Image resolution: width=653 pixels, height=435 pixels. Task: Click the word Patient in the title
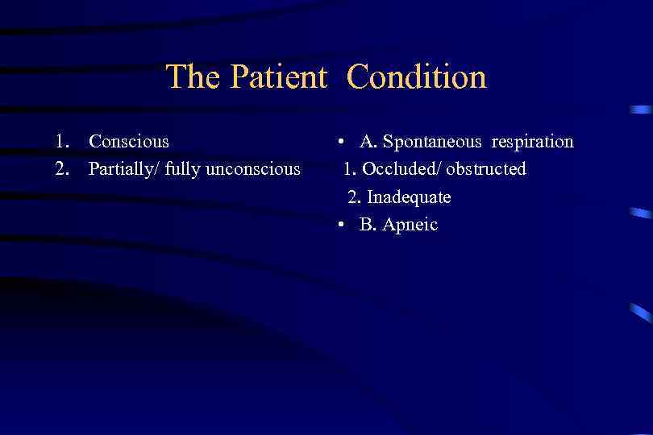click(x=278, y=77)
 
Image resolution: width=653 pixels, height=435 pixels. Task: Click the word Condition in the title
click(x=417, y=77)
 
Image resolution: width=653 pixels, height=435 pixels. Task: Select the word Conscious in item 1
click(x=129, y=142)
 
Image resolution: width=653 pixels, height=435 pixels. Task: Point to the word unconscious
click(x=256, y=169)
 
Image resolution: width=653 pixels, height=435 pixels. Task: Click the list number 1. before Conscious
click(x=62, y=142)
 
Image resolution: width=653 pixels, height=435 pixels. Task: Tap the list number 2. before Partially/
click(x=62, y=169)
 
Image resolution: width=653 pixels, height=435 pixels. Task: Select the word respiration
click(x=533, y=143)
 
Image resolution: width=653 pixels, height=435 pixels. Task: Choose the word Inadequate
click(x=409, y=197)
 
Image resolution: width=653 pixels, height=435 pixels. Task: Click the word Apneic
click(x=410, y=225)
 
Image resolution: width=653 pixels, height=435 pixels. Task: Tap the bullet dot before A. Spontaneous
click(x=343, y=143)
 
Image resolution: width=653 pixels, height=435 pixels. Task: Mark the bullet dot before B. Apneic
click(x=343, y=226)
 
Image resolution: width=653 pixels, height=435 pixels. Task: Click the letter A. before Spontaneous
click(x=368, y=142)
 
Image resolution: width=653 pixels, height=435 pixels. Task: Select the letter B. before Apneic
click(x=368, y=225)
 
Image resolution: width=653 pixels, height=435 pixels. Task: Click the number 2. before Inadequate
click(x=354, y=197)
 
